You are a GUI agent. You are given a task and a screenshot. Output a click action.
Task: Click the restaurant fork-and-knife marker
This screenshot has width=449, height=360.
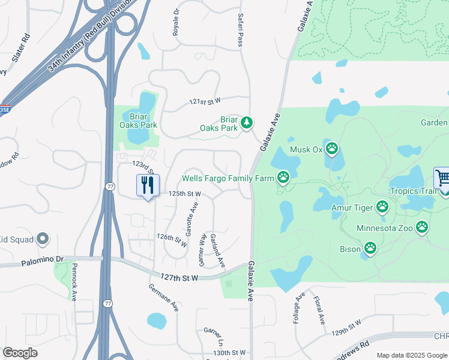tap(147, 185)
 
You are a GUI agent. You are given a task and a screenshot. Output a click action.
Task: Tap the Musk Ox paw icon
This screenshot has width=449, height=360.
tap(331, 149)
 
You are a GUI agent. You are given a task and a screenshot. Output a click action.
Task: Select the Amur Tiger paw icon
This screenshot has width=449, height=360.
tap(382, 208)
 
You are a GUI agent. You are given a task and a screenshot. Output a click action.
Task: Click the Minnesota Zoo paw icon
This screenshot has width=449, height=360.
tap(423, 228)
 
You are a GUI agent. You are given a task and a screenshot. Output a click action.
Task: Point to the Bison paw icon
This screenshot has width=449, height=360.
tap(371, 248)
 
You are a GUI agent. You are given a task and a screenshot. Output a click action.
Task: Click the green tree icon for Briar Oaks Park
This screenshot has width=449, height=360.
tap(246, 123)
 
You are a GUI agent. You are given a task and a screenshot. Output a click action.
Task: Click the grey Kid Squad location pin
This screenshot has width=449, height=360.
tap(42, 239)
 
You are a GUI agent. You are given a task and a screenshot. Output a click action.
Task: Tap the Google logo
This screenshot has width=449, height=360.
tap(20, 353)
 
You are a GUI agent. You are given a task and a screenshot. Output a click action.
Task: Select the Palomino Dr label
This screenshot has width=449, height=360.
tap(42, 259)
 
